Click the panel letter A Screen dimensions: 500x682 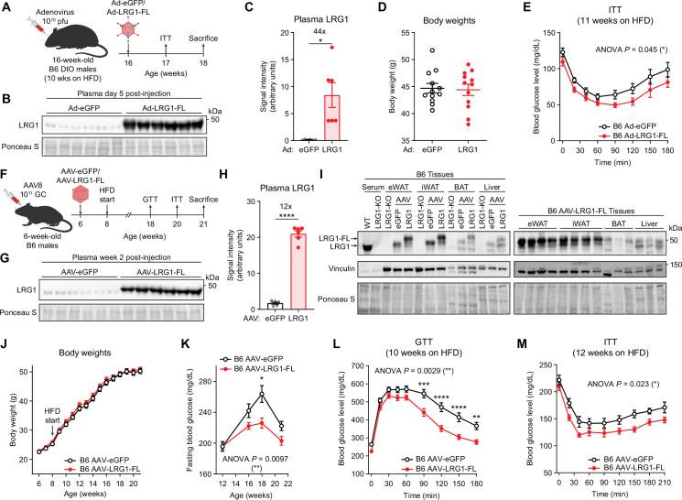pos(6,7)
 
